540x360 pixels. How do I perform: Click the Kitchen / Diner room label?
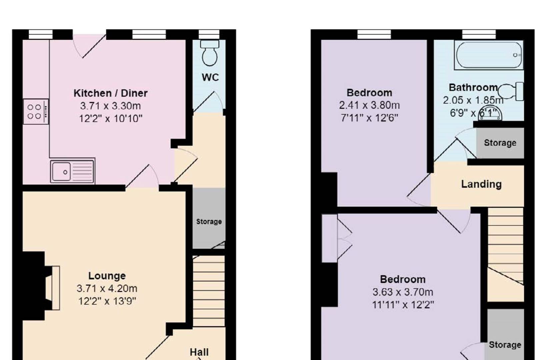[110, 93]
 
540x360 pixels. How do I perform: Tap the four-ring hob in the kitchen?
[36, 112]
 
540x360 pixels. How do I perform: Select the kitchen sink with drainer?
[72, 172]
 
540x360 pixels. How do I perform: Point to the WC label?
[210, 77]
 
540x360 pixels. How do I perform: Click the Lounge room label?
[107, 276]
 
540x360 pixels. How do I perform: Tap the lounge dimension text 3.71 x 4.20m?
[107, 288]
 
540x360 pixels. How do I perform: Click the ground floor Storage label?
[209, 222]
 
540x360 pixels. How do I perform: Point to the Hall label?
[199, 352]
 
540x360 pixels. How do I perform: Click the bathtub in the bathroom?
[489, 55]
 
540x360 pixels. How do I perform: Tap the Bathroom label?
[473, 87]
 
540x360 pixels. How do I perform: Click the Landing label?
[481, 184]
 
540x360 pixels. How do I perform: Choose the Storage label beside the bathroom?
[500, 143]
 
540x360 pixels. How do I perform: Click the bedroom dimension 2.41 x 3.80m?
[369, 105]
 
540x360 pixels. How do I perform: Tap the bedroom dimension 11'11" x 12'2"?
[403, 305]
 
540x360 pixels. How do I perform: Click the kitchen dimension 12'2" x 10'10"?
[110, 118]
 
